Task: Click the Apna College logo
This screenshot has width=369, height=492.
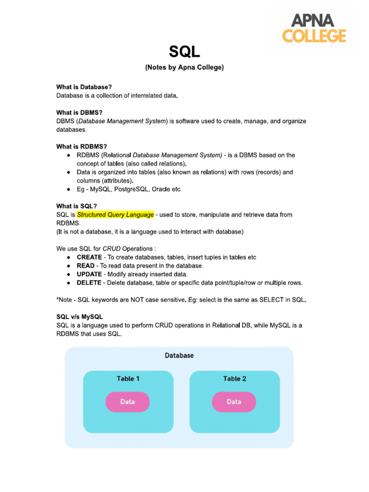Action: tap(320, 29)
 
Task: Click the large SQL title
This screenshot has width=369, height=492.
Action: tap(184, 51)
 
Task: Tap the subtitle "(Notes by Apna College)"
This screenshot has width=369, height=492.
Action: tap(184, 68)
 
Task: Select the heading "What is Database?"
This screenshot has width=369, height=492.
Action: tap(84, 87)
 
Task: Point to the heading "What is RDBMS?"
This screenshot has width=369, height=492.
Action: tap(81, 147)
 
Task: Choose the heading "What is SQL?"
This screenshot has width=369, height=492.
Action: tap(76, 206)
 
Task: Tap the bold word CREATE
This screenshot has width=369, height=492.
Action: tap(89, 257)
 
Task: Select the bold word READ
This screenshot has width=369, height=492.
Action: tap(86, 265)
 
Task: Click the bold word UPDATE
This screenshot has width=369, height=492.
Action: tap(89, 274)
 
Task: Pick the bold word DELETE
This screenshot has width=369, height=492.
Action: tap(89, 283)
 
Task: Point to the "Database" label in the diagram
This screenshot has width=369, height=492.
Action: tap(179, 356)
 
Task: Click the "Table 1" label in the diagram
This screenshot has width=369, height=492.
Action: tap(128, 379)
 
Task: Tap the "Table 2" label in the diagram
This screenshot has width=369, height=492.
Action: tap(234, 379)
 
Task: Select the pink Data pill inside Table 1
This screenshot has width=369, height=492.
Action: tap(127, 402)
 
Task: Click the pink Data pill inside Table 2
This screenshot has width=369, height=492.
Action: tap(234, 402)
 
